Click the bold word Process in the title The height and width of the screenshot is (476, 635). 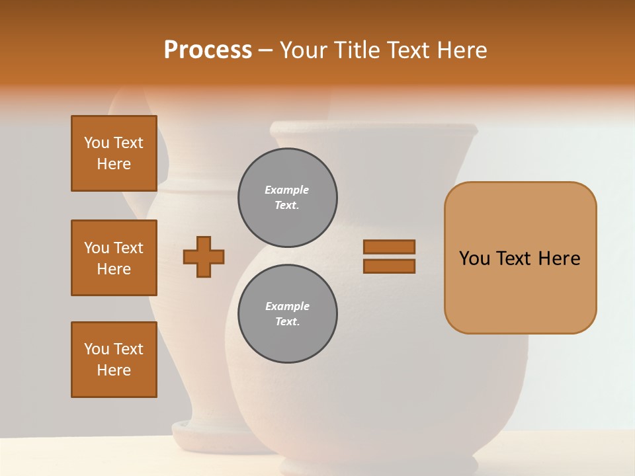(x=208, y=50)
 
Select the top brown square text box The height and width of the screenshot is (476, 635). (x=114, y=153)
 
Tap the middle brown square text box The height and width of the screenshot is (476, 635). (x=114, y=258)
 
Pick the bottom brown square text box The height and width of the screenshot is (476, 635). (x=114, y=360)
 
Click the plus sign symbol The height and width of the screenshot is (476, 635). (x=204, y=257)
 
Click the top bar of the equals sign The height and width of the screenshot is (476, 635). (x=389, y=247)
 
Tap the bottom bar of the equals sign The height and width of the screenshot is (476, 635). (x=389, y=266)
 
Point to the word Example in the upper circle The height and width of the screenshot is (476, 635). (x=286, y=190)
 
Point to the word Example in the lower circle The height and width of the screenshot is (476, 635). (x=287, y=306)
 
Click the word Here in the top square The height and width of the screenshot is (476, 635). (x=114, y=164)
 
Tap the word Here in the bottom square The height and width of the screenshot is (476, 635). (x=114, y=370)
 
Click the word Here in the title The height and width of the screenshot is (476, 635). (x=462, y=50)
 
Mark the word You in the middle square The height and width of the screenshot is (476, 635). (x=97, y=248)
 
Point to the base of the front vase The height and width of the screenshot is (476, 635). (x=377, y=464)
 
